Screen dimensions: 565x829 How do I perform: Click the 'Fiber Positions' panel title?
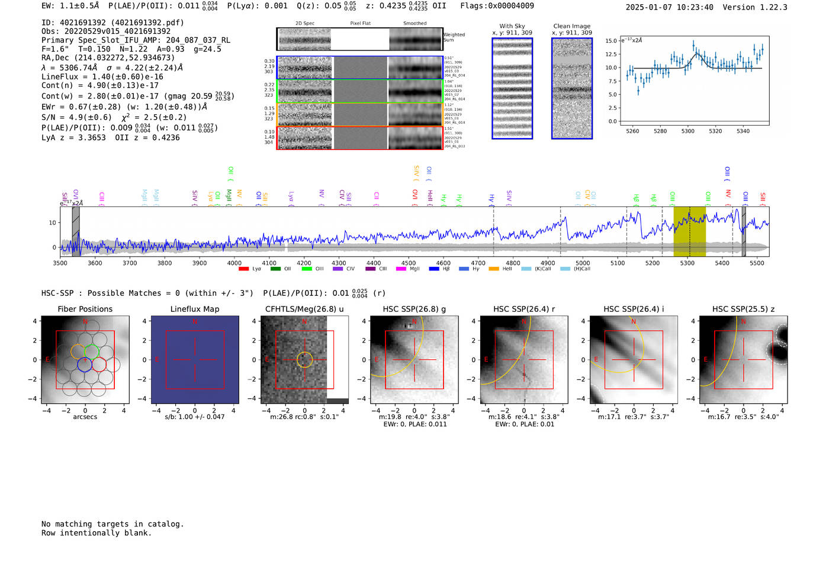(x=85, y=309)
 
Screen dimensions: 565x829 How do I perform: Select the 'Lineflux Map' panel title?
(x=195, y=309)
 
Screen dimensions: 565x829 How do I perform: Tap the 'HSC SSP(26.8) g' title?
(x=415, y=309)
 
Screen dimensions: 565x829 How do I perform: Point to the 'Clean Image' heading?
(x=571, y=26)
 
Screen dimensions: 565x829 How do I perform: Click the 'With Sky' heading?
(x=512, y=26)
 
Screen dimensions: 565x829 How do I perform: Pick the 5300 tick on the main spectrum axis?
(x=687, y=263)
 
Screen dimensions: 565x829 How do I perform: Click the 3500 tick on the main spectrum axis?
(x=60, y=263)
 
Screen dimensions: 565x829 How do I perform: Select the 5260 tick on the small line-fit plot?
(x=632, y=131)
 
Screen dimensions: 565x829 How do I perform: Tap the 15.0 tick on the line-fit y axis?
(x=611, y=41)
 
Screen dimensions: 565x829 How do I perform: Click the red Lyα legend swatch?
(x=243, y=269)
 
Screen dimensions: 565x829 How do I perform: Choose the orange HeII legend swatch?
(x=494, y=269)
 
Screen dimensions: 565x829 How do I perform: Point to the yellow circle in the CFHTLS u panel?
(x=304, y=359)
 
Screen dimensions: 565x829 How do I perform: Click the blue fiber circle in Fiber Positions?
(x=85, y=365)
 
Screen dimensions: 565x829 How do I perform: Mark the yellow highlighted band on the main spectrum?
(x=689, y=231)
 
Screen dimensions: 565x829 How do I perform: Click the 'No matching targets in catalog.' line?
(x=113, y=523)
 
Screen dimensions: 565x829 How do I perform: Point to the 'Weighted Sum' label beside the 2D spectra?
(x=454, y=37)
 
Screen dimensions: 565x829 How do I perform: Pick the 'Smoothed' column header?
(x=415, y=23)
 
